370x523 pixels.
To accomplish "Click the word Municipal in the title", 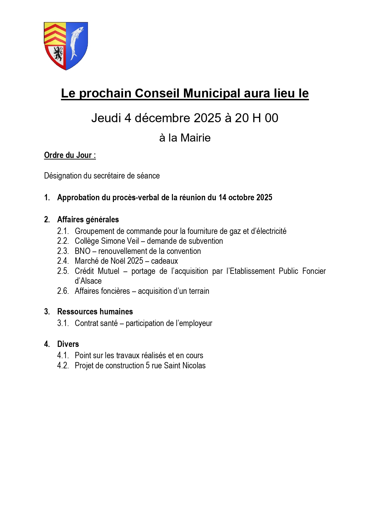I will pos(212,93).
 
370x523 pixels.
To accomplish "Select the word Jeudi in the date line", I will pos(106,118).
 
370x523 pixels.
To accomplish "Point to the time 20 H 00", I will pos(256,118).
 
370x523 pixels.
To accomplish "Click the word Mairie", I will pos(195,138).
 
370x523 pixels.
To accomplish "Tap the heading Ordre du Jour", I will pos(70,155).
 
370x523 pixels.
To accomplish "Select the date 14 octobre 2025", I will pos(245,198).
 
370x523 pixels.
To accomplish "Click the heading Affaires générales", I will pos(88,220).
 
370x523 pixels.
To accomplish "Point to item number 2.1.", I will pos(63,231).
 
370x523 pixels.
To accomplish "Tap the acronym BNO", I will pos(83,251).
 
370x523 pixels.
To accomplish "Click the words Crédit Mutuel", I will pos(97,271).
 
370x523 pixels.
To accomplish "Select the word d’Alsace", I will pos(88,281).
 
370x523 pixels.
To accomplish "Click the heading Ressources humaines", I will pos(95,312).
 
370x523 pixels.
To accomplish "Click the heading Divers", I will pos(68,344).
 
